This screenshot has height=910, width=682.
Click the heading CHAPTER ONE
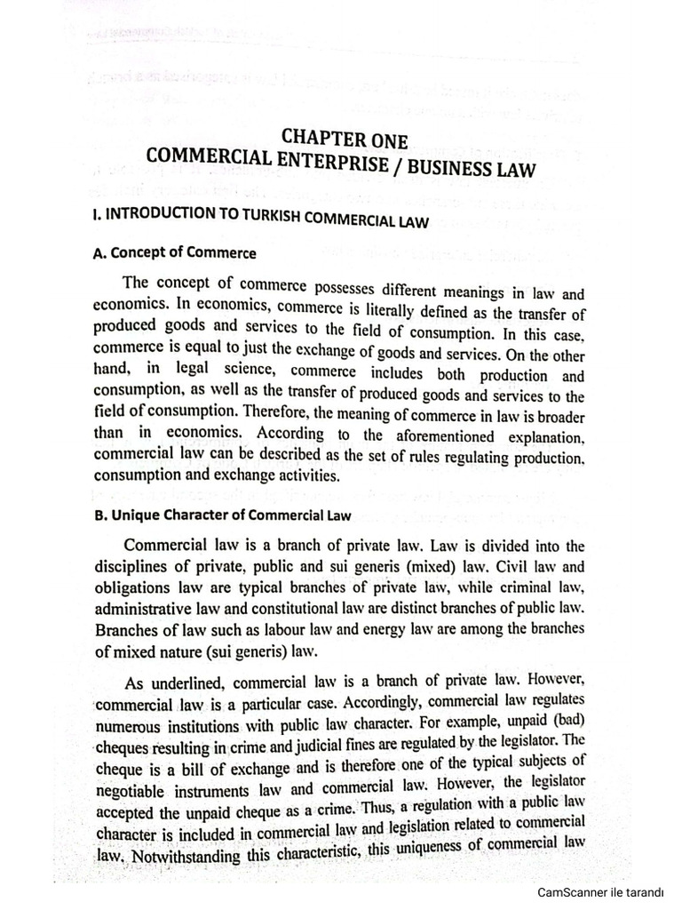pyautogui.click(x=345, y=139)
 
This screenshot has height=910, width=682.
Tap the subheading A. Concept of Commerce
pyautogui.click(x=174, y=253)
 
